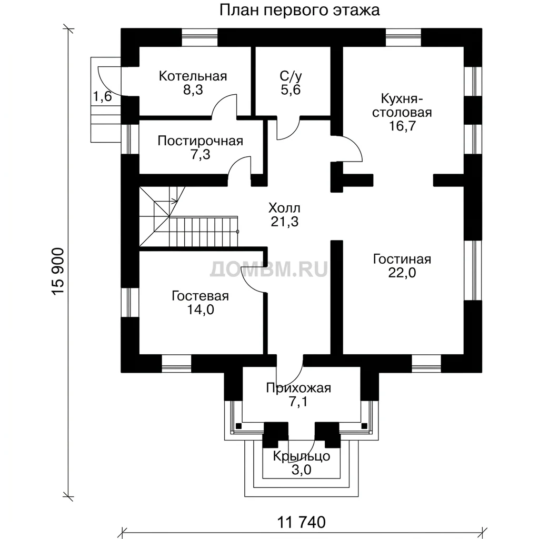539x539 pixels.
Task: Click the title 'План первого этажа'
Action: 300,11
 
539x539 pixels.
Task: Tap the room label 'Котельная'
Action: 193,76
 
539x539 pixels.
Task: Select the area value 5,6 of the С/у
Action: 291,90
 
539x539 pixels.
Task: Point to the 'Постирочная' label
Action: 201,141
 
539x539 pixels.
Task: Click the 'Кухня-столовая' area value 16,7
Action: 402,126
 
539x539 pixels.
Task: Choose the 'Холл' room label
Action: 284,208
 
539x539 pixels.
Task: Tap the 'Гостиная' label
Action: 402,259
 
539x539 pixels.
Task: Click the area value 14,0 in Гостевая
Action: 201,310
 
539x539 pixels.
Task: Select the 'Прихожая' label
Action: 298,388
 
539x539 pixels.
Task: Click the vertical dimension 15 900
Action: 58,272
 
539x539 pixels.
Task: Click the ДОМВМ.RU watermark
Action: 269,269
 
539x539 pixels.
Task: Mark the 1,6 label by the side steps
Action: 103,97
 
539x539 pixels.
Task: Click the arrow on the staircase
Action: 174,200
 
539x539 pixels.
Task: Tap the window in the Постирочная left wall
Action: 129,139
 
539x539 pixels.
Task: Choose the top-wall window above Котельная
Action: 199,37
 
